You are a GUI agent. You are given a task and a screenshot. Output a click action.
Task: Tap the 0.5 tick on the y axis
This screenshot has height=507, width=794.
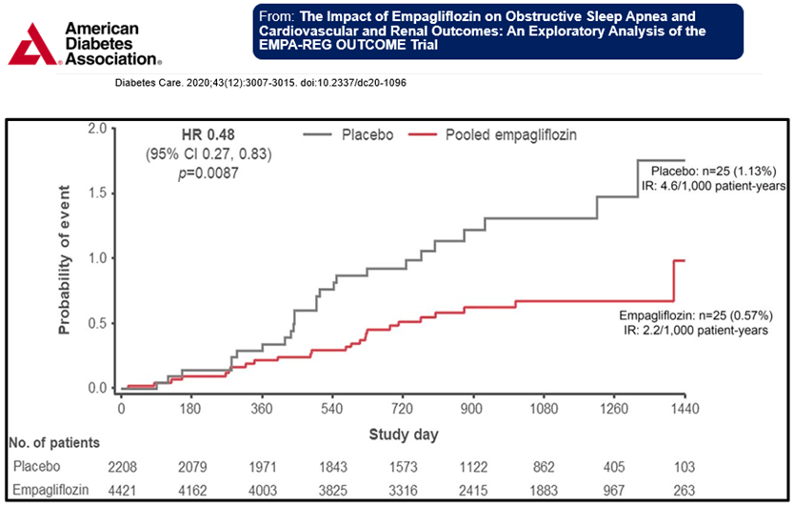pyautogui.click(x=95, y=323)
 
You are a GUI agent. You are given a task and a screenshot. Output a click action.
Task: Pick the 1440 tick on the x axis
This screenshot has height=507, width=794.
pyautogui.click(x=684, y=409)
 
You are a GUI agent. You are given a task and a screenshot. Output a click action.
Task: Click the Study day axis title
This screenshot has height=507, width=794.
pyautogui.click(x=403, y=434)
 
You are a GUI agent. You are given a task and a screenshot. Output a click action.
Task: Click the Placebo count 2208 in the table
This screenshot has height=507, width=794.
pyautogui.click(x=122, y=467)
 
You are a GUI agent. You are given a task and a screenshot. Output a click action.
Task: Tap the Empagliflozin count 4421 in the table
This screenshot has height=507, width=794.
pyautogui.click(x=122, y=490)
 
